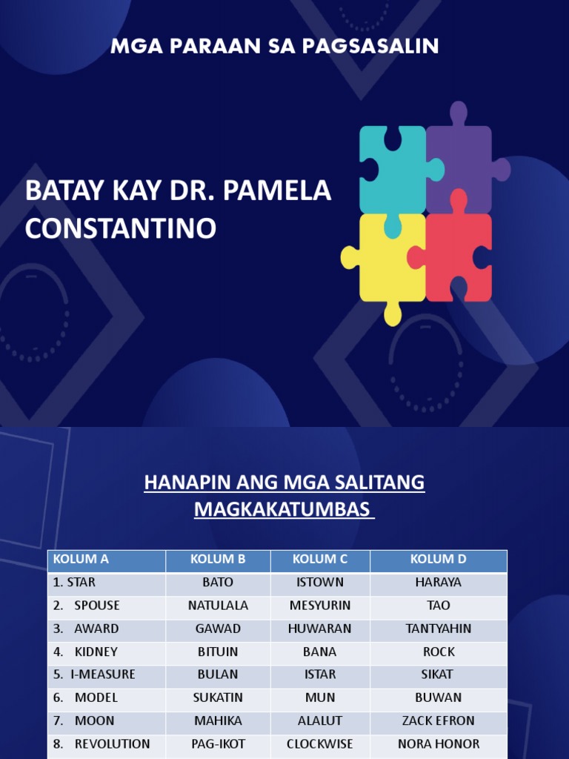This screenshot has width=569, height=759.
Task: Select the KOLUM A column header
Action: (x=81, y=559)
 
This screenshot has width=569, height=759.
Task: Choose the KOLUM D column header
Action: (x=439, y=559)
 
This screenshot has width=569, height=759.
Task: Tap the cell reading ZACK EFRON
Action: (x=439, y=720)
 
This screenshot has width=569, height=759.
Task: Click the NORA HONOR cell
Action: (x=439, y=743)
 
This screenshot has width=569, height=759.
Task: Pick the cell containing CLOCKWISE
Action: (x=320, y=743)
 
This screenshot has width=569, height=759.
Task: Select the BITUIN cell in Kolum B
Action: (x=218, y=652)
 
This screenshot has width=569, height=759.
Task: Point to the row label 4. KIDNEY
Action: (x=85, y=652)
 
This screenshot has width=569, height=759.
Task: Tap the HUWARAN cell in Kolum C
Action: (x=320, y=629)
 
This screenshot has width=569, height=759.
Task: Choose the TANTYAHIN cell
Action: (x=439, y=629)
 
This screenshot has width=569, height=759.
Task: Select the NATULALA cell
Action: (x=218, y=605)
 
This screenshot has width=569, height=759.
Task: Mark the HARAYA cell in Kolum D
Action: (x=439, y=583)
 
